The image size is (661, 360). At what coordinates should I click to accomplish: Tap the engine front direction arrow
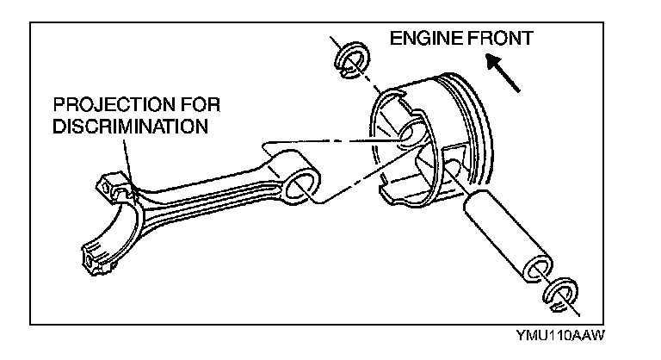[x=503, y=71]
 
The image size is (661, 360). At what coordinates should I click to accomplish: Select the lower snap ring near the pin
[x=559, y=294]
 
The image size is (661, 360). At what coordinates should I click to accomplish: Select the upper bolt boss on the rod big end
[x=111, y=183]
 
